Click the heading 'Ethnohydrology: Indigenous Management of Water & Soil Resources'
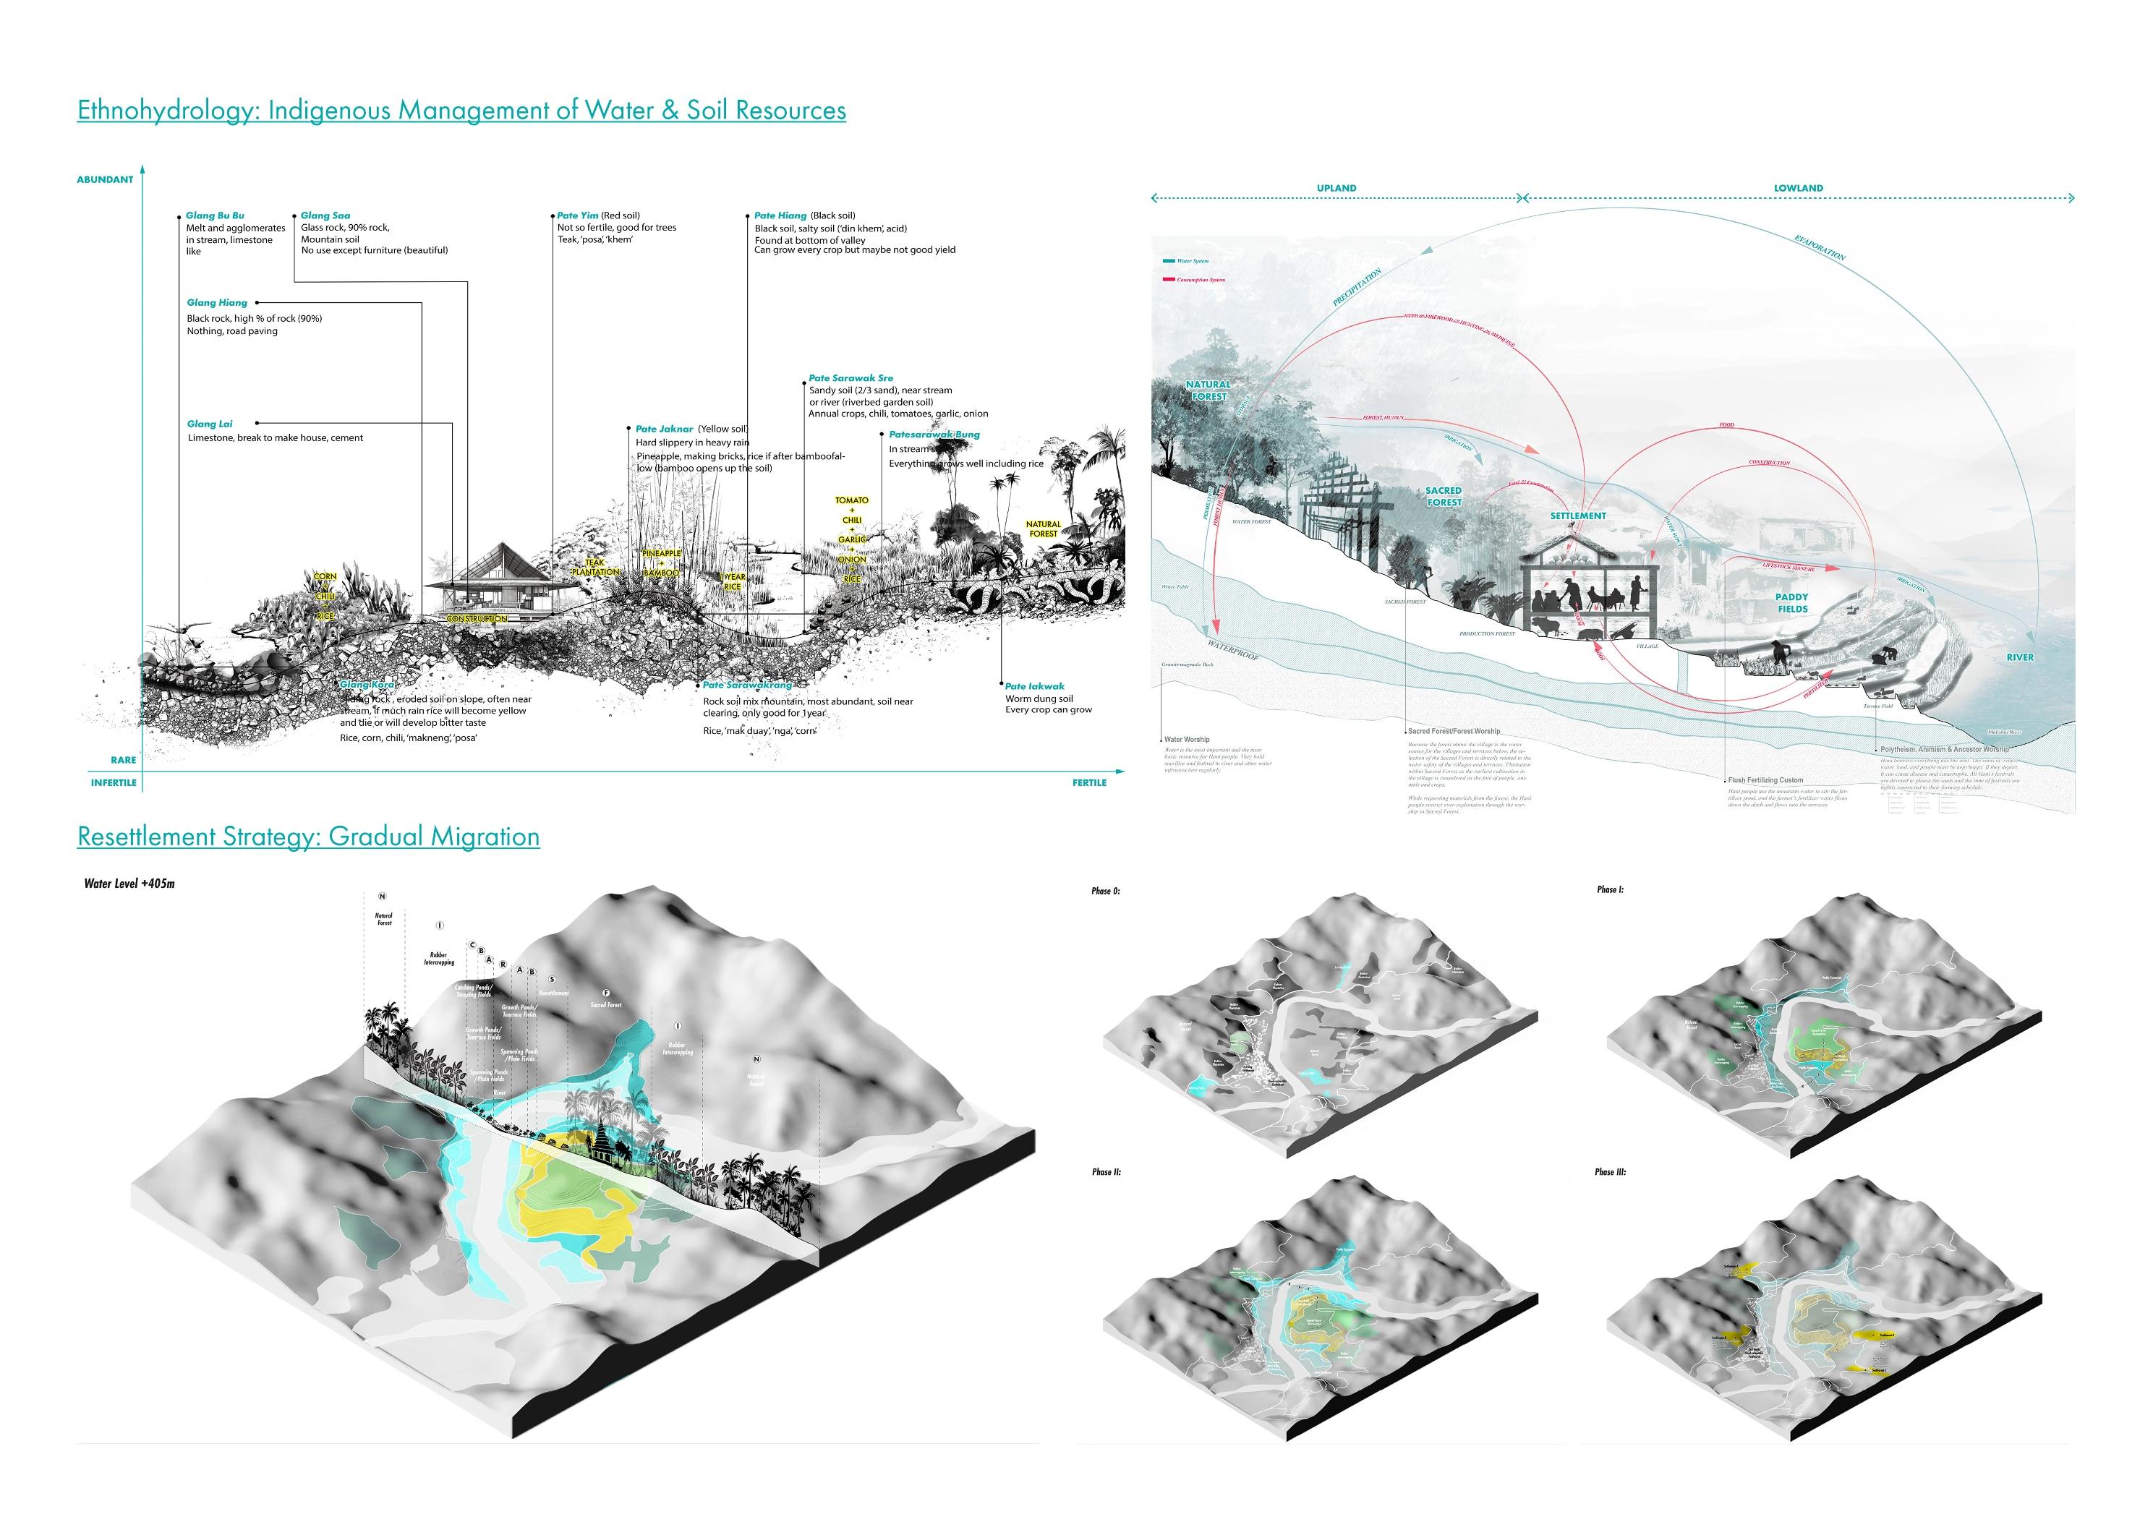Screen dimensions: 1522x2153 click(x=461, y=111)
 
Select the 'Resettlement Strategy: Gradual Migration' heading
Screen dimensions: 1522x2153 click(x=309, y=837)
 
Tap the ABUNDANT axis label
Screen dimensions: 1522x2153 click(x=105, y=179)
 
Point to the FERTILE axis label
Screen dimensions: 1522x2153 click(x=1090, y=782)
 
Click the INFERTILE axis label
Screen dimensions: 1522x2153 click(x=114, y=782)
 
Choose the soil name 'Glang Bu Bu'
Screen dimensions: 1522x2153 click(x=215, y=215)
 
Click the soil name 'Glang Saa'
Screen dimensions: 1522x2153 click(x=325, y=215)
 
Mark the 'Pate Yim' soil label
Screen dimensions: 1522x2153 click(x=578, y=215)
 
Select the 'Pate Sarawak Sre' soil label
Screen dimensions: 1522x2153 click(x=851, y=378)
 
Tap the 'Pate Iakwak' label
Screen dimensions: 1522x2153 click(x=1035, y=686)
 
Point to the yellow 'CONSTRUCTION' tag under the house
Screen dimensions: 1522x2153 click(x=477, y=619)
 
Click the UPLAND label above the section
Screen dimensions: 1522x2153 click(x=1336, y=189)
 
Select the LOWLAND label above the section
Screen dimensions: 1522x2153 click(x=1799, y=189)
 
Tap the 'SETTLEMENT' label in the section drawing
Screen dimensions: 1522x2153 click(x=1578, y=516)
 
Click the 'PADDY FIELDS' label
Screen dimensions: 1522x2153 click(x=1791, y=603)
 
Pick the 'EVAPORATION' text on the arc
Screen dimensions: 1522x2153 click(x=1820, y=249)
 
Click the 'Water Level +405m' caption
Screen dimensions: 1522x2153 click(x=129, y=884)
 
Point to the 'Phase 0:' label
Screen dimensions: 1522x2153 click(x=1106, y=891)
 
